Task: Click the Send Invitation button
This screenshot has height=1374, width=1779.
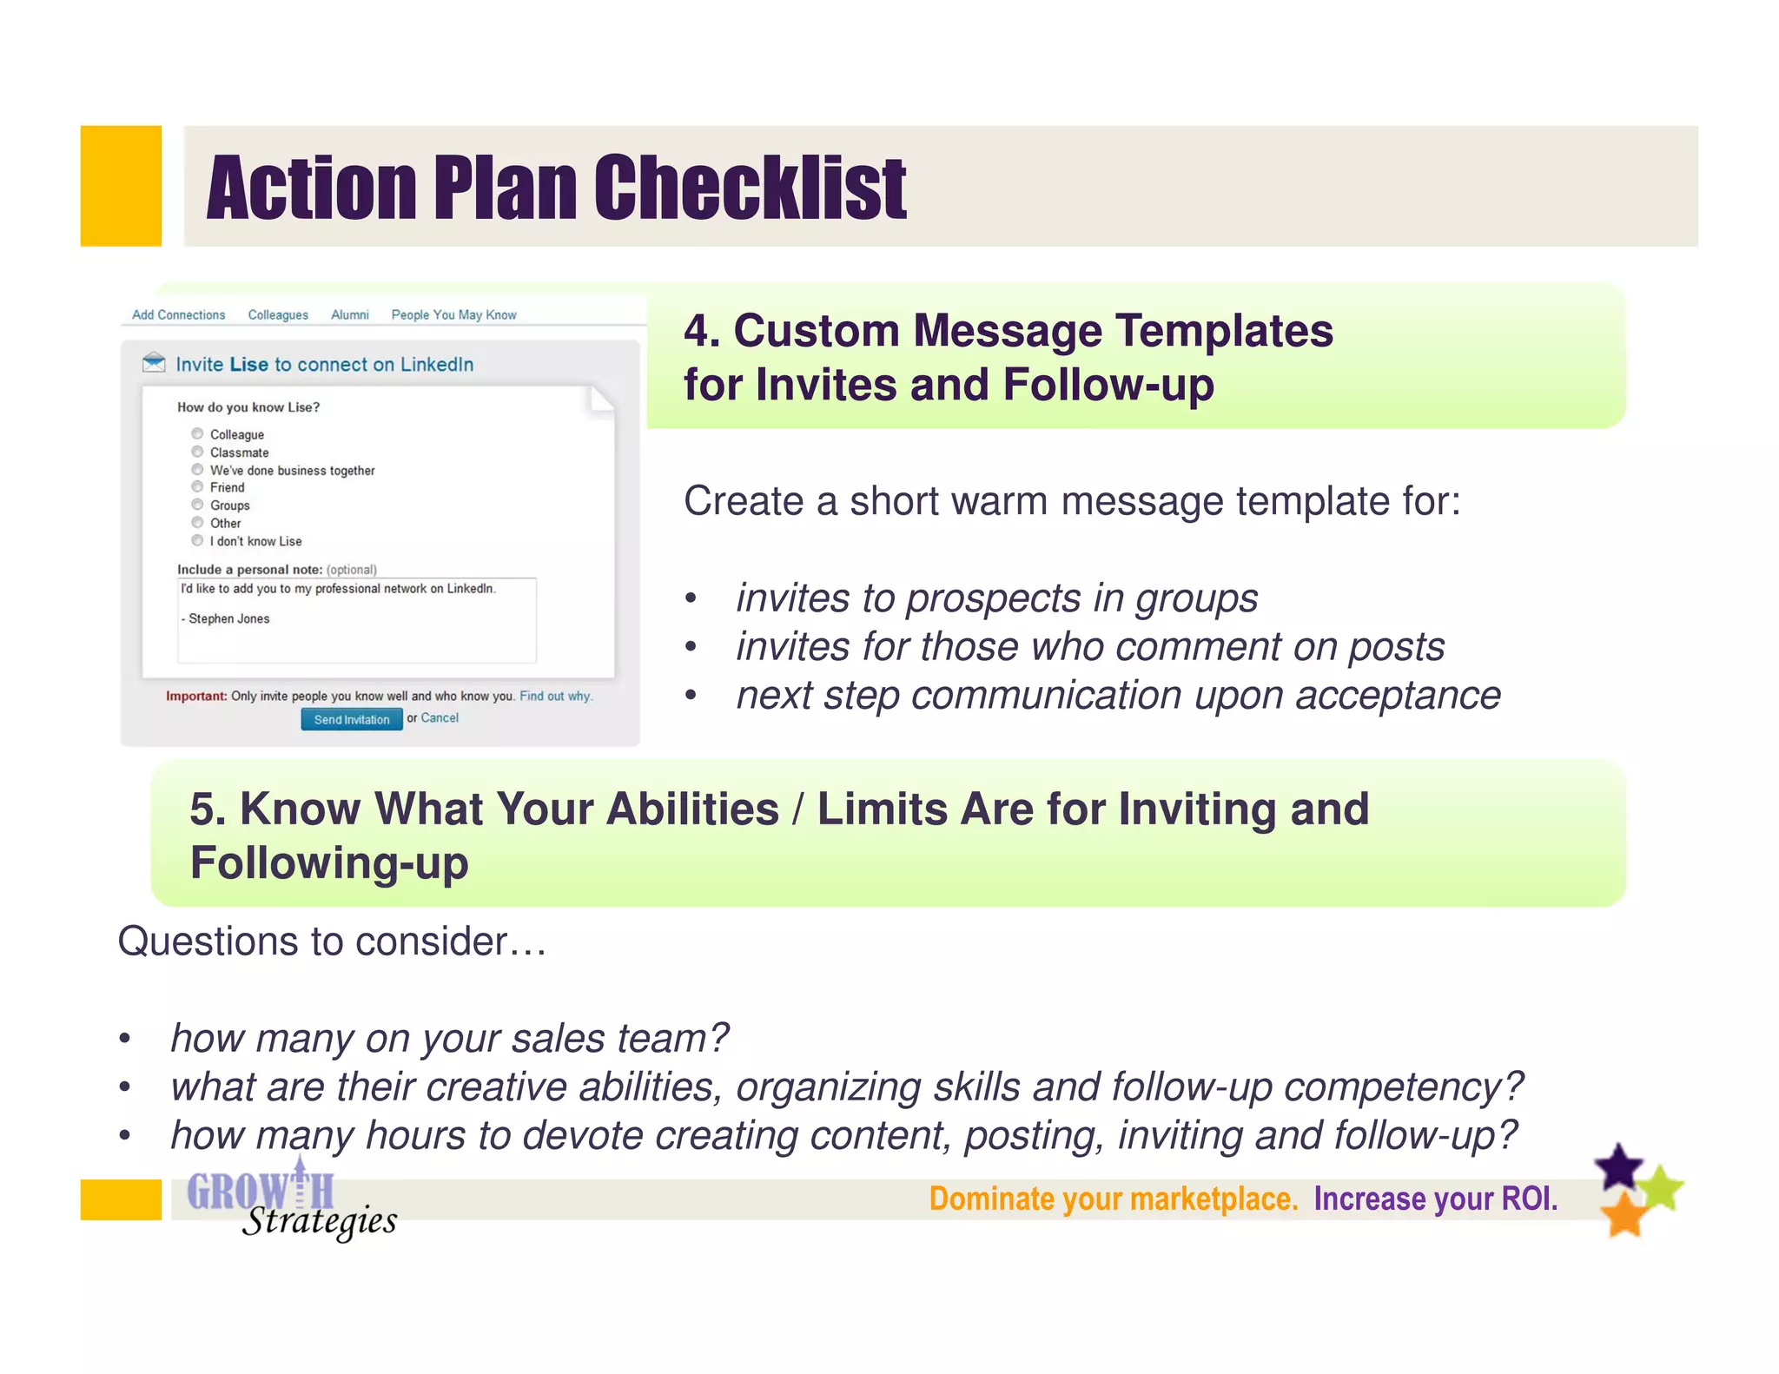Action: pyautogui.click(x=351, y=719)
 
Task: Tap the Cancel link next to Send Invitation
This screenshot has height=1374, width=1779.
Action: pyautogui.click(x=440, y=717)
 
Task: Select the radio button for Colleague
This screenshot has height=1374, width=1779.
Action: pyautogui.click(x=197, y=433)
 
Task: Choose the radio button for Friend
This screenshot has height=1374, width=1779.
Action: pyautogui.click(x=197, y=486)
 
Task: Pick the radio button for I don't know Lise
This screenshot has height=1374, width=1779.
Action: pyautogui.click(x=197, y=540)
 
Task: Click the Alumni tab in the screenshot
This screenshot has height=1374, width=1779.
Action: pyautogui.click(x=349, y=314)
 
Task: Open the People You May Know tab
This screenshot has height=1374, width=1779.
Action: pyautogui.click(x=453, y=314)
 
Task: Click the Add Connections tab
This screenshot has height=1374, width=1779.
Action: pyautogui.click(x=178, y=314)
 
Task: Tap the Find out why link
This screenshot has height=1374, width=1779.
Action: pyautogui.click(x=555, y=696)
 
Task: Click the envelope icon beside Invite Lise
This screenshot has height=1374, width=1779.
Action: pyautogui.click(x=154, y=362)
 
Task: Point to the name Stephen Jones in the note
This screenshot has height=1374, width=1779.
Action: pyautogui.click(x=229, y=618)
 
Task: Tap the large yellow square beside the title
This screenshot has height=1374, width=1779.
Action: pyautogui.click(x=121, y=186)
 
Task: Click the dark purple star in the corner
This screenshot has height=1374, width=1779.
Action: pyautogui.click(x=1619, y=1166)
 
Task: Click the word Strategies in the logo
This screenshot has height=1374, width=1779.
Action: pyautogui.click(x=320, y=1221)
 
